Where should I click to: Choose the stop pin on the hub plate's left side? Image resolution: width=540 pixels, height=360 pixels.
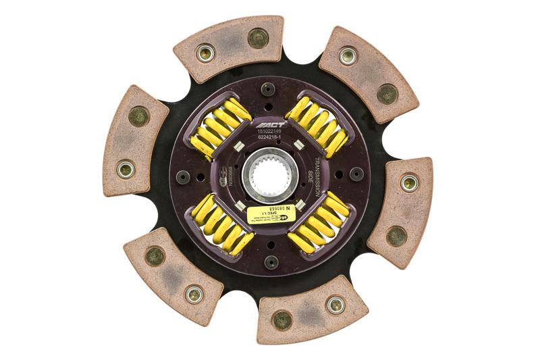click(181, 176)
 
